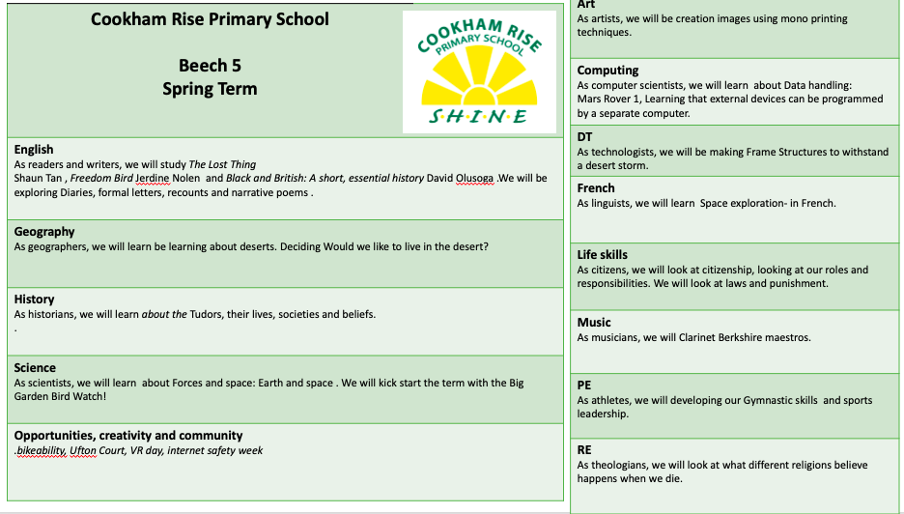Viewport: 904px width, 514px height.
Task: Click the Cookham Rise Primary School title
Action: coord(210,19)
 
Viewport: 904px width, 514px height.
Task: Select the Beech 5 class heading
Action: coord(210,66)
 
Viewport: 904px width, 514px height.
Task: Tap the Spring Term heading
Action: coord(210,89)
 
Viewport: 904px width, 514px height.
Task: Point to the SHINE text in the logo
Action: coord(479,117)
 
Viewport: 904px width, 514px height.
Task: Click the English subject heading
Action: coord(34,150)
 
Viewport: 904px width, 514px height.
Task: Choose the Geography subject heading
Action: coord(44,232)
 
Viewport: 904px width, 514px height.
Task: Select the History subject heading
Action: coord(35,300)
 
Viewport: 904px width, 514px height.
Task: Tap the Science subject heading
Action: coord(35,368)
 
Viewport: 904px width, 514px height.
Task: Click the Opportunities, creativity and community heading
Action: coord(128,436)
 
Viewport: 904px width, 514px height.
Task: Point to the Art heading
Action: coord(586,5)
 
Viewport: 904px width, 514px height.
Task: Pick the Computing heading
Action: coord(607,71)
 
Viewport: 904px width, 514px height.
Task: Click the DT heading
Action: coord(585,137)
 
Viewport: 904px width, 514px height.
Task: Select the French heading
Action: coord(596,188)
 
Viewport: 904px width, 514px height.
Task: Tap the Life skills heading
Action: coord(603,255)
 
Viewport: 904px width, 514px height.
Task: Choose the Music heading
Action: coord(594,323)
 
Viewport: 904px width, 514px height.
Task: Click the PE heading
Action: coord(584,385)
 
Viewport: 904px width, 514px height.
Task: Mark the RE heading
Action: coord(584,450)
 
